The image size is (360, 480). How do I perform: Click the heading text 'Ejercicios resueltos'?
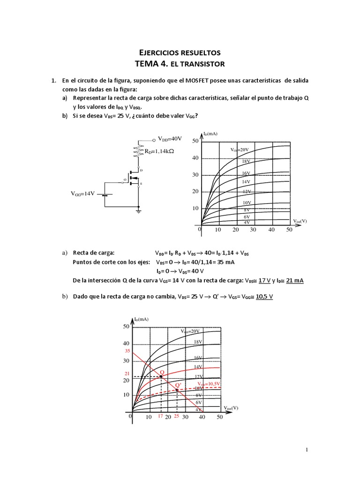pos(180,52)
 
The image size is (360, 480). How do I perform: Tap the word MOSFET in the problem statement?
pos(193,81)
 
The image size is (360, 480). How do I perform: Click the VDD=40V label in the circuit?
pos(169,139)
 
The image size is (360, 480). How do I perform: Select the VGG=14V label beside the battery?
pos(82,193)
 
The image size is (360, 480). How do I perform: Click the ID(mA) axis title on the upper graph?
pos(210,134)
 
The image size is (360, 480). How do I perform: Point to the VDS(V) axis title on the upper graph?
pos(300,221)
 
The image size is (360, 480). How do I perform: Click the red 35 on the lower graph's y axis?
pos(126,351)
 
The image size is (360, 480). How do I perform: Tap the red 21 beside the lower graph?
pos(126,373)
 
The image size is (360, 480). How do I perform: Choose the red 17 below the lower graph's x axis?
pos(160,416)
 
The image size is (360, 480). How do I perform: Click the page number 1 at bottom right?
pos(307,450)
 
